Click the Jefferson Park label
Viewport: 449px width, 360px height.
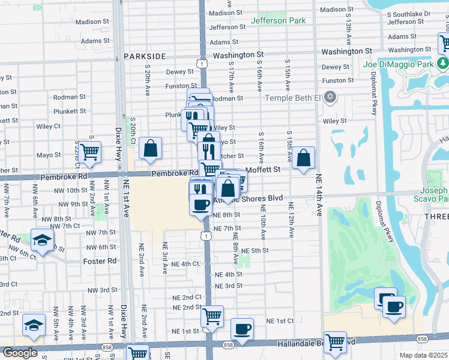(x=278, y=20)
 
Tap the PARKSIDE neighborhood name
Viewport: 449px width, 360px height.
(x=145, y=56)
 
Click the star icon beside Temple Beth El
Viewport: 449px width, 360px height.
(x=329, y=97)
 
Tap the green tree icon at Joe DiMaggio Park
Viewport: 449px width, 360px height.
(x=443, y=63)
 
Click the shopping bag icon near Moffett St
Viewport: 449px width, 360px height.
(x=304, y=159)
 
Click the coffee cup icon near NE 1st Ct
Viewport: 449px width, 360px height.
(x=242, y=329)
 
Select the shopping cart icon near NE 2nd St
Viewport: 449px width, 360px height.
(x=211, y=316)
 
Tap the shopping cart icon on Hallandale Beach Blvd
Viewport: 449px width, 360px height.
(x=335, y=342)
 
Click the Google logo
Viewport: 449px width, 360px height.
(x=20, y=353)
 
